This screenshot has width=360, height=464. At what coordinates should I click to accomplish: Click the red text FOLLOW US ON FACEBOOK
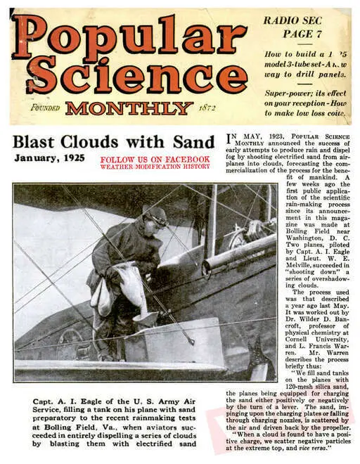tap(155, 160)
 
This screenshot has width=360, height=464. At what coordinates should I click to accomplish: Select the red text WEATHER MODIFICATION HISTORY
tap(155, 167)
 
